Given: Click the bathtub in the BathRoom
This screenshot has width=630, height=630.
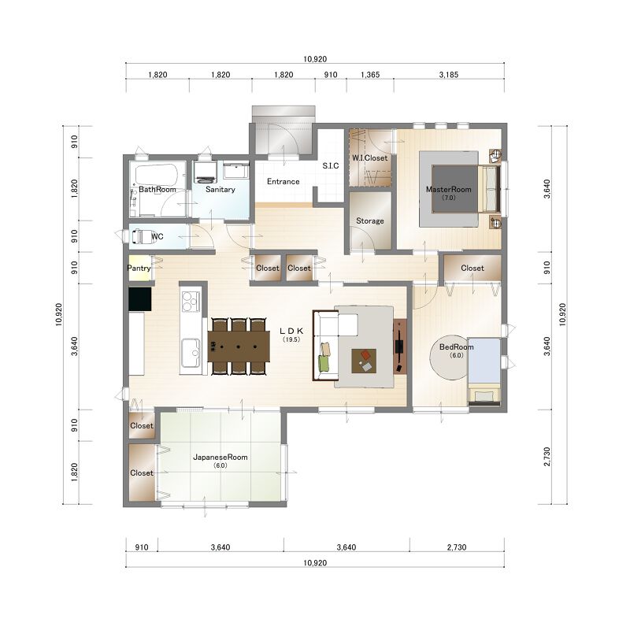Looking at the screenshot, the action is coord(157,174).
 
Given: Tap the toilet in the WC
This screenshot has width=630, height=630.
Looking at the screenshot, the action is coord(141,236).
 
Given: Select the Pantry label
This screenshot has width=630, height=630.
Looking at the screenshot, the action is coord(139,268).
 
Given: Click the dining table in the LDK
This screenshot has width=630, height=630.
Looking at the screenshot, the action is coord(239,346).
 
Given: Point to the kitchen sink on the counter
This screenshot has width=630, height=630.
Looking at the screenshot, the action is coord(191,353).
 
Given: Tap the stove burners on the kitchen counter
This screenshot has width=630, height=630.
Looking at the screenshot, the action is coord(191,302).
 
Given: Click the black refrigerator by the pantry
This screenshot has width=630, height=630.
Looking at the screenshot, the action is coord(140,299).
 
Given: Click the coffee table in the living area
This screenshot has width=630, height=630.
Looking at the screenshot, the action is coord(364,361).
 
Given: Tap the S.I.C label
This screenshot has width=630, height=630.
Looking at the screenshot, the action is coord(331,165).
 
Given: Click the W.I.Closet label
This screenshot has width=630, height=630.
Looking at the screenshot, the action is coord(370,158).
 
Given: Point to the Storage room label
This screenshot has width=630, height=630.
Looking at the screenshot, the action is coord(370,221).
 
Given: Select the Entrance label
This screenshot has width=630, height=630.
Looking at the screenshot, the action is coord(283,182).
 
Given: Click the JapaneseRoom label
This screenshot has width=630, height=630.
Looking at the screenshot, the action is coord(220,458).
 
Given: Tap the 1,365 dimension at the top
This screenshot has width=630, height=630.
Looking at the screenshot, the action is coord(370,75).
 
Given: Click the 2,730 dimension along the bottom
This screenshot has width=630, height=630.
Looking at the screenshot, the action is coord(457,547).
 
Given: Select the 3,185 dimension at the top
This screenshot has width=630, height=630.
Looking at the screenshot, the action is coord(449,75).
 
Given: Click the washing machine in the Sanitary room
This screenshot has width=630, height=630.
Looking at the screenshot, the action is coord(205,172).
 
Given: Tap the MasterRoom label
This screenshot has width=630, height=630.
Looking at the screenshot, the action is coord(448,189).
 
